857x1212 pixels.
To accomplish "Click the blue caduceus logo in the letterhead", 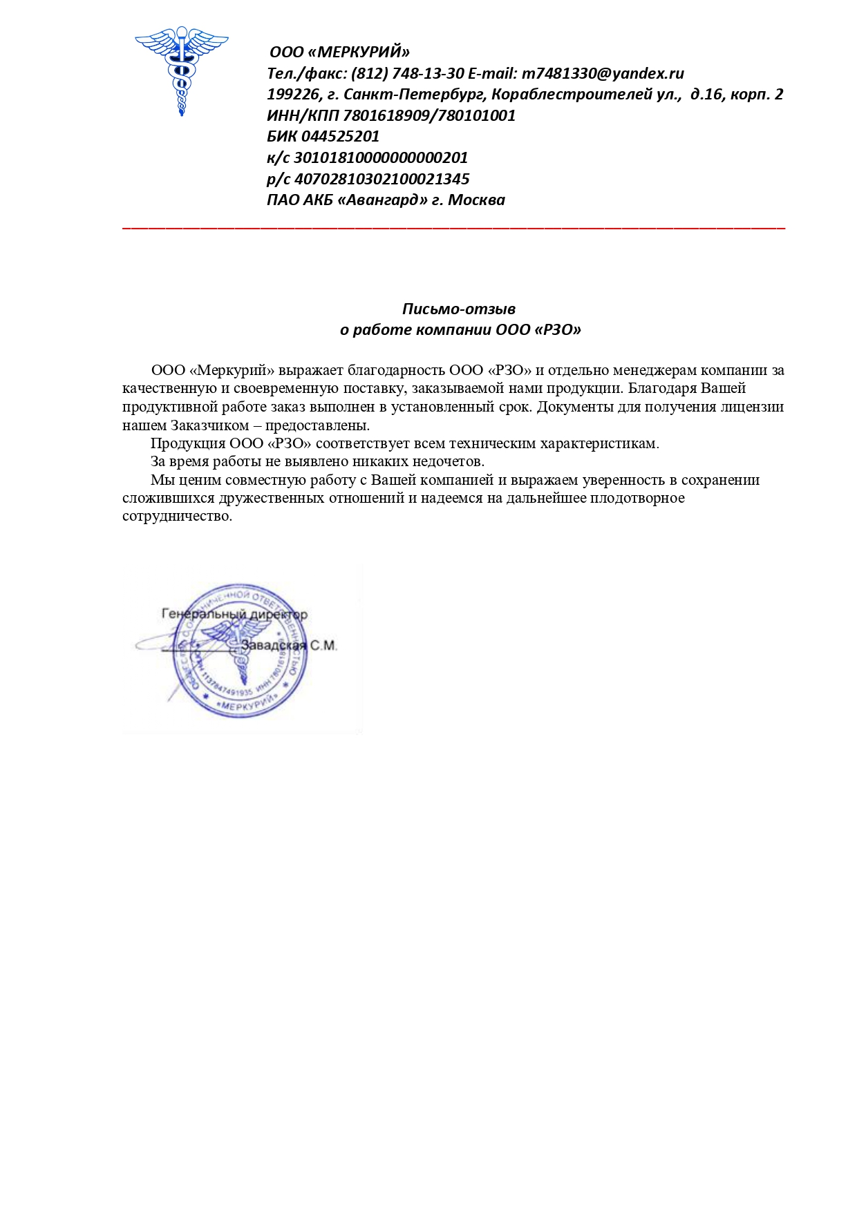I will click(x=181, y=69).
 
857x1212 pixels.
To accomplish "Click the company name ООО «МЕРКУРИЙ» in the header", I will click(x=339, y=52).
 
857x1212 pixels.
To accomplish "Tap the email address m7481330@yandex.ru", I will click(x=603, y=74).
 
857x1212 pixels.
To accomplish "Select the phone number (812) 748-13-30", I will click(x=407, y=74).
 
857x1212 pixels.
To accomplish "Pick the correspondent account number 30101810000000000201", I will click(x=381, y=158).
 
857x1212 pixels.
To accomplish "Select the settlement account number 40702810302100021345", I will click(x=382, y=180).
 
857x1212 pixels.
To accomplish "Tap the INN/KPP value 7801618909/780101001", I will click(x=428, y=116).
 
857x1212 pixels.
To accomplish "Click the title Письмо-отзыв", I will click(x=459, y=309).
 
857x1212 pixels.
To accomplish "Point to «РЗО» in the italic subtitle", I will click(x=558, y=330).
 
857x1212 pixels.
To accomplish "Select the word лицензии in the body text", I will click(x=752, y=407).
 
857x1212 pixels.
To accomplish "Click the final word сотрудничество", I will click(x=177, y=517).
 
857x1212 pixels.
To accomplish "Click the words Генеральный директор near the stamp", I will click(x=234, y=614).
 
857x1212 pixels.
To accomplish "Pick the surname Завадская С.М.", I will click(x=288, y=646).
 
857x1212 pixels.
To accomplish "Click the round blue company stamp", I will click(x=238, y=649).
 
